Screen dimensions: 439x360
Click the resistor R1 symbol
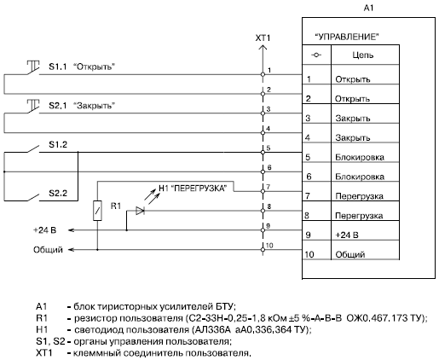pos(97,211)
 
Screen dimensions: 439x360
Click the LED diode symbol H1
pos(140,211)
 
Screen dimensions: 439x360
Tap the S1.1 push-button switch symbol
pos(33,68)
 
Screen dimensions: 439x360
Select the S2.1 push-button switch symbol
pos(33,107)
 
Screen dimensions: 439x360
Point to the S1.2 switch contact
pos(33,149)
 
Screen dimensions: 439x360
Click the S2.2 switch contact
pos(33,198)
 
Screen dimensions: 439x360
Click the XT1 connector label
pos(263,38)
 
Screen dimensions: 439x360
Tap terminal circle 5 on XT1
pos(263,152)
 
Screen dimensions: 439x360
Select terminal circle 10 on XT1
pos(263,250)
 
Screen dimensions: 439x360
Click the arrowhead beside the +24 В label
pos(71,230)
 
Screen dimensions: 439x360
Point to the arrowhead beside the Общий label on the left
pos(71,250)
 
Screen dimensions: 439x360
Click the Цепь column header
pos(363,55)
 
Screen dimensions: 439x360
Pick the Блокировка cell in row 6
pos(360,177)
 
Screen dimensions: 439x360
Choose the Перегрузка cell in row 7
pos(359,196)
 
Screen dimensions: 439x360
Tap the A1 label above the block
pos(368,9)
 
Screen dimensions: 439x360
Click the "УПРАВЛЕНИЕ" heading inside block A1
pos(347,37)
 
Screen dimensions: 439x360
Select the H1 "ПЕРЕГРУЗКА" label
pos(193,189)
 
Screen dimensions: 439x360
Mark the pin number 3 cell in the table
pos(308,118)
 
